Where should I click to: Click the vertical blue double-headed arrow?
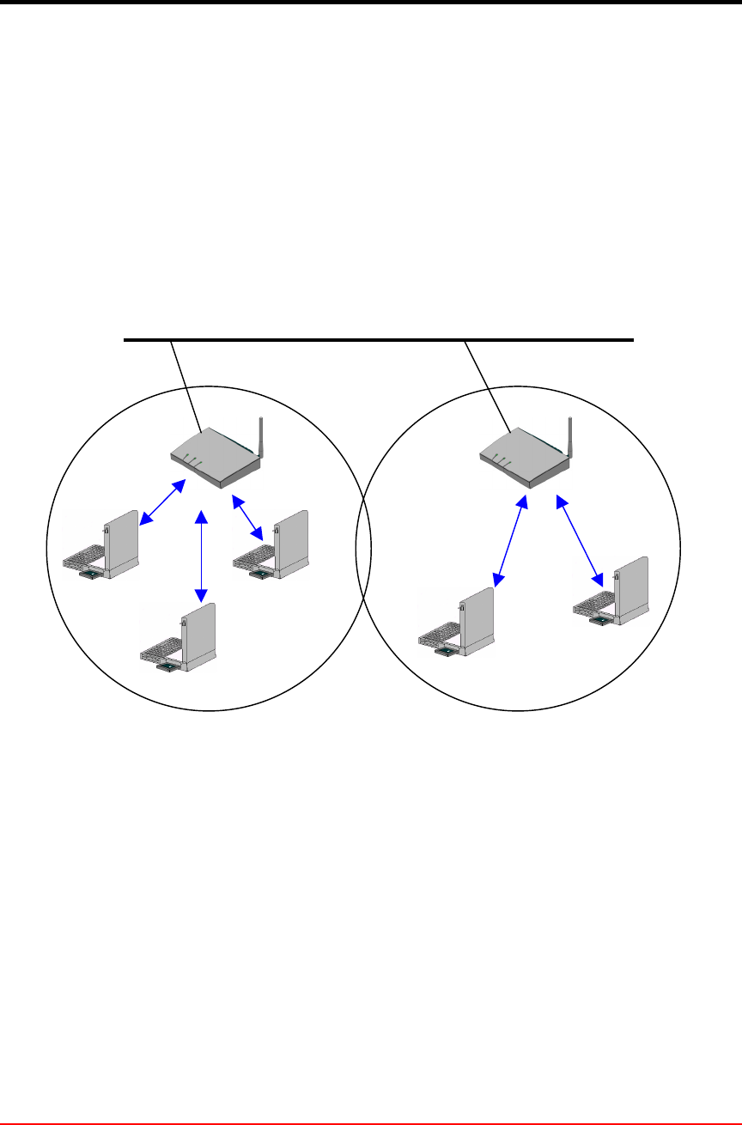[x=201, y=555]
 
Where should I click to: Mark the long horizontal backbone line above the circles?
[x=378, y=340]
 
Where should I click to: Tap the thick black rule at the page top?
[x=371, y=3]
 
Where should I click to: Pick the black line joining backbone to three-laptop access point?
[x=186, y=386]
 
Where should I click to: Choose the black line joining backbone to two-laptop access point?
[x=488, y=386]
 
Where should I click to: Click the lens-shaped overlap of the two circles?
[x=363, y=550]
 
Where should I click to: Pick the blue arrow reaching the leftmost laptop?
[x=162, y=502]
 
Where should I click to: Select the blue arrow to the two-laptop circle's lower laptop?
[x=509, y=541]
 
